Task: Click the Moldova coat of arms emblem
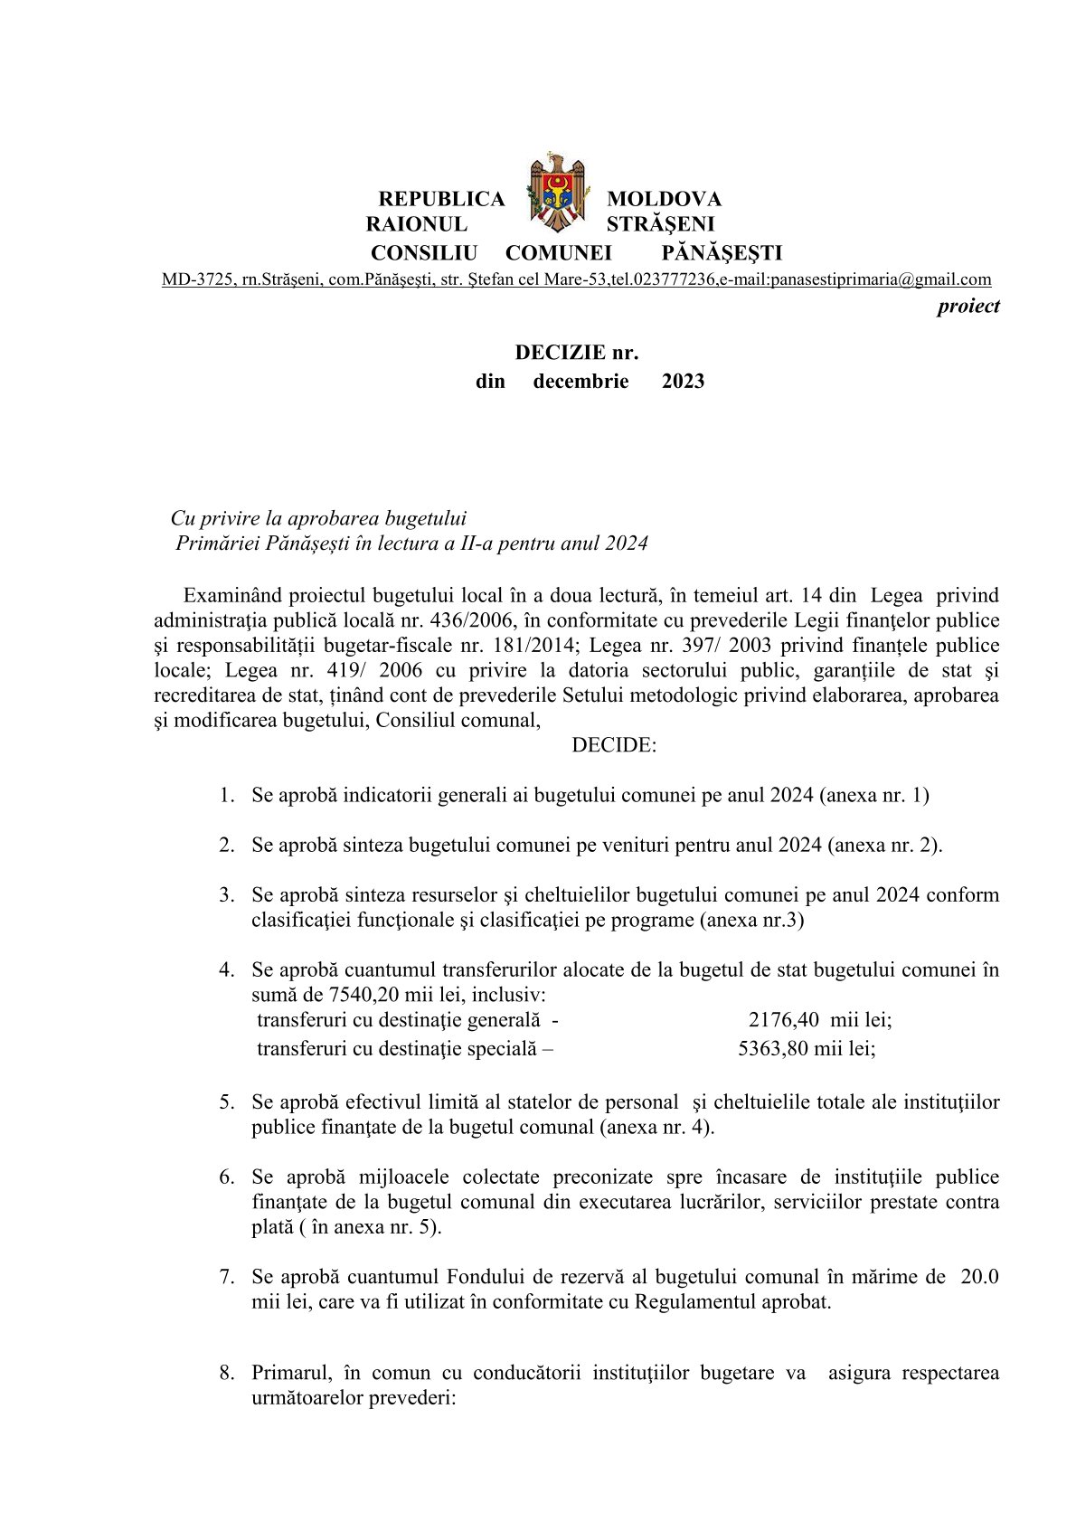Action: point(556,193)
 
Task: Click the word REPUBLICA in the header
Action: point(441,199)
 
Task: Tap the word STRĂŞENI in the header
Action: point(660,224)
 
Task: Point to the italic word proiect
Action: point(967,306)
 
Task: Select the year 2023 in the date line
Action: point(683,382)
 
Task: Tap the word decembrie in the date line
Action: point(580,382)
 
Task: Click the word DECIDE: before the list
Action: point(614,745)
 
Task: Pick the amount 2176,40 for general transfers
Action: point(784,1020)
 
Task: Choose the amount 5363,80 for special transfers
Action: point(773,1049)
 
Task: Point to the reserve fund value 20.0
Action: point(979,1277)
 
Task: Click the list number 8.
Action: point(226,1373)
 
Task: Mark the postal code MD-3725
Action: point(195,279)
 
